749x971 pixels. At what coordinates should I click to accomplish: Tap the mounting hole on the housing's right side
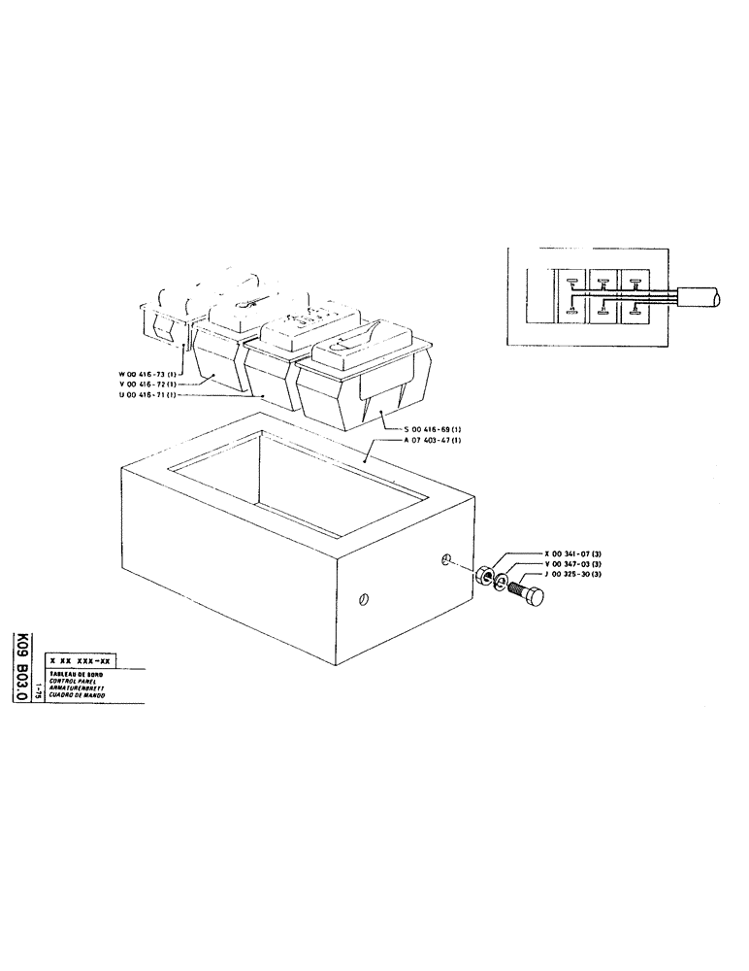click(x=446, y=560)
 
